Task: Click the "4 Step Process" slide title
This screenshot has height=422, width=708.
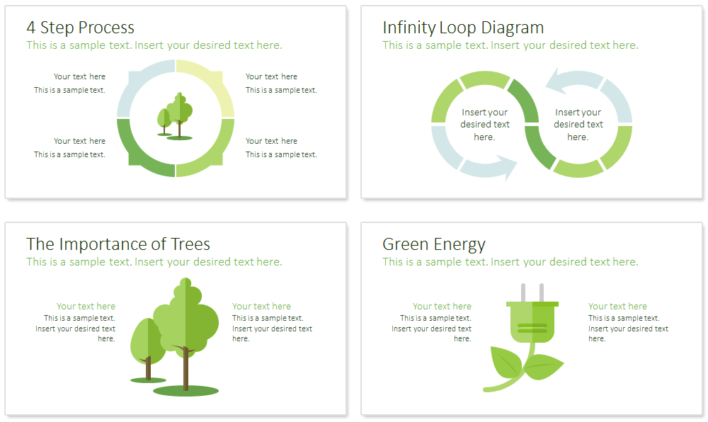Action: click(x=81, y=28)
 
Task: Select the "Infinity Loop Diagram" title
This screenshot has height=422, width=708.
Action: click(x=463, y=28)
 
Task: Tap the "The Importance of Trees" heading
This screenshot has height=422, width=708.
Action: click(x=118, y=244)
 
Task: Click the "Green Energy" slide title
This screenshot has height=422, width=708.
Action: click(x=433, y=244)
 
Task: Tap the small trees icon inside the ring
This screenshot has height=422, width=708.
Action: click(x=175, y=116)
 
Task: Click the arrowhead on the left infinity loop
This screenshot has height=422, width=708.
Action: click(x=507, y=167)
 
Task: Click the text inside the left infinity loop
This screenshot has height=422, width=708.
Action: click(x=484, y=125)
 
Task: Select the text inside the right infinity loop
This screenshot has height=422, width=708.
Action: click(x=578, y=125)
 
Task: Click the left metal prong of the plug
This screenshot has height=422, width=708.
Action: click(x=523, y=293)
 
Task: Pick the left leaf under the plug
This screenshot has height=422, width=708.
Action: click(x=506, y=362)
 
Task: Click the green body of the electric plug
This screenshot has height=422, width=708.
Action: click(x=532, y=322)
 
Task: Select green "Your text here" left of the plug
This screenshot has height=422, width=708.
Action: click(x=442, y=307)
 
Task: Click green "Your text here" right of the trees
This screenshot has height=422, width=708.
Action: click(x=261, y=307)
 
